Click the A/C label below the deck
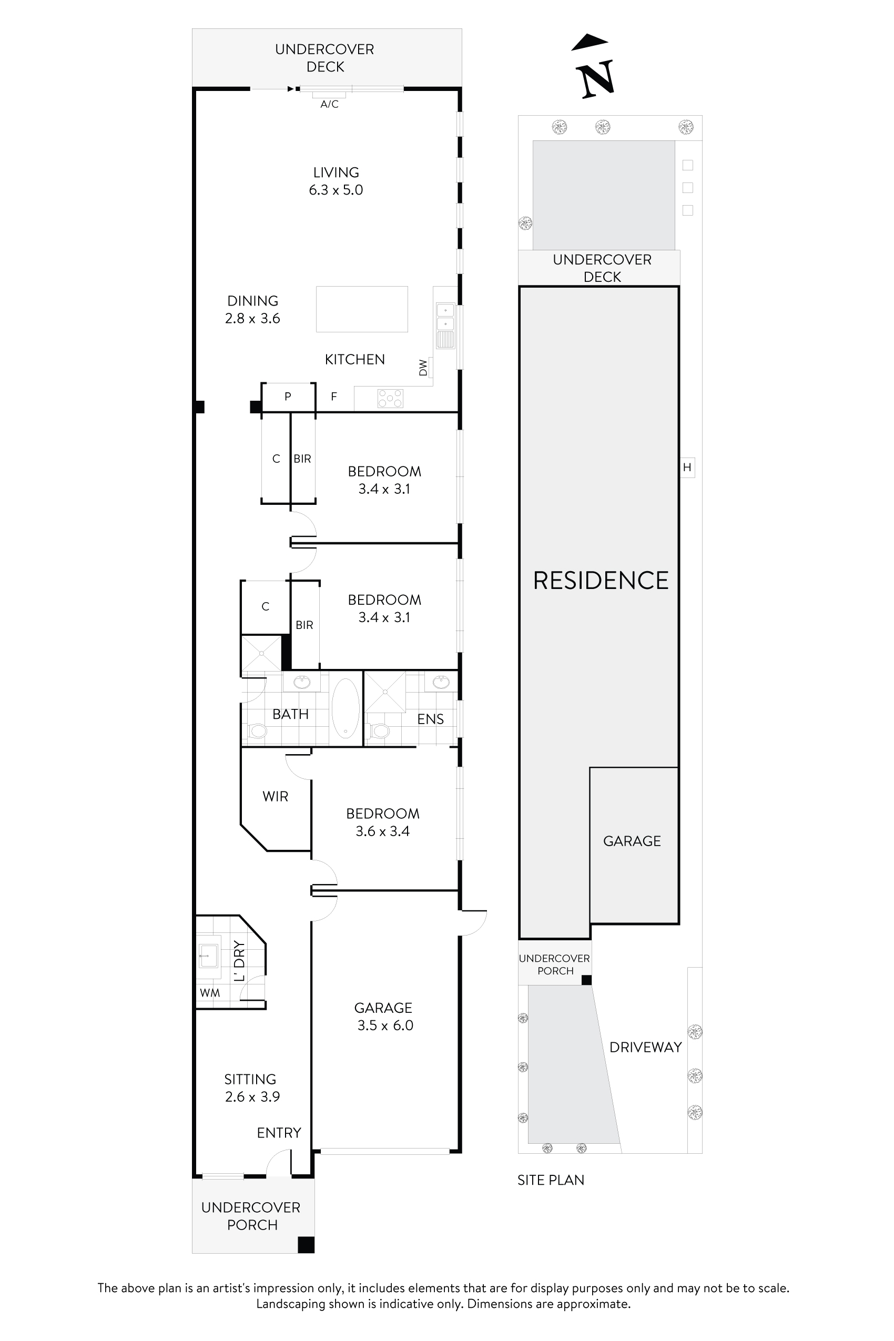[329, 104]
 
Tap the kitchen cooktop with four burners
[391, 398]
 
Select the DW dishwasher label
[423, 368]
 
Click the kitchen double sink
[445, 325]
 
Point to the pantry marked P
[288, 397]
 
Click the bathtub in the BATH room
[346, 708]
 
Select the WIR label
[276, 797]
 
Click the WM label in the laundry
[210, 993]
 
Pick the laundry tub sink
[208, 953]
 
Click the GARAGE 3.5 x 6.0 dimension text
[385, 1025]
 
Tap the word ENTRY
[279, 1133]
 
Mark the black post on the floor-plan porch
[306, 1245]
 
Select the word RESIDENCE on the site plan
[601, 581]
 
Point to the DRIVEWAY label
[645, 1048]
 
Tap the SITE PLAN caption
[551, 1180]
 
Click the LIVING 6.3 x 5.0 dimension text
[336, 190]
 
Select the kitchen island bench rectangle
[362, 309]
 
